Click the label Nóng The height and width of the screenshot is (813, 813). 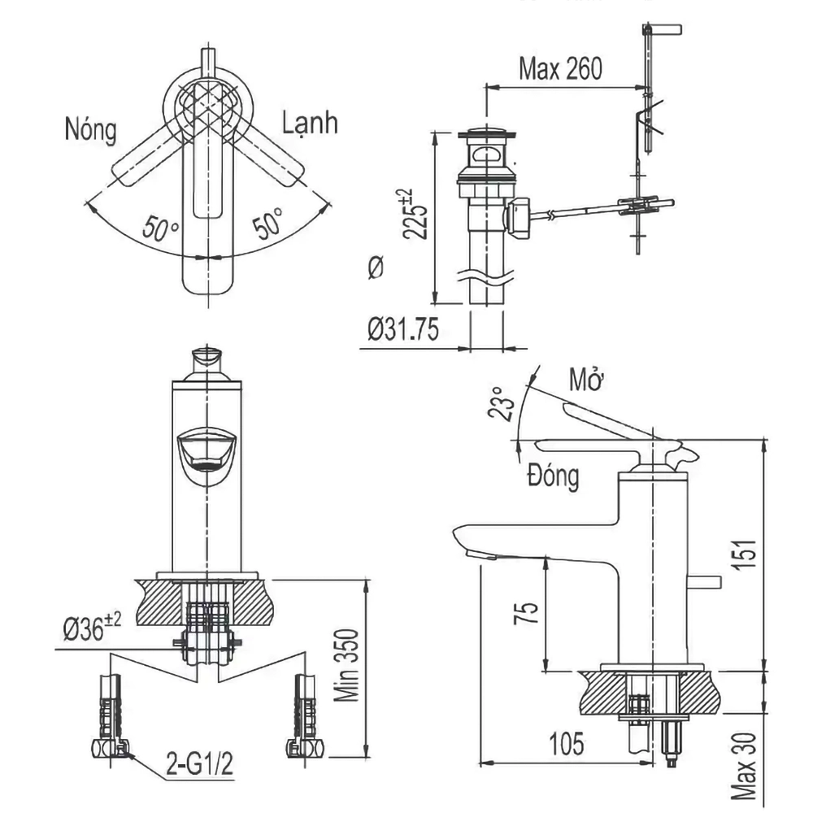pyautogui.click(x=91, y=129)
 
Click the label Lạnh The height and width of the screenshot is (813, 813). pyautogui.click(x=310, y=124)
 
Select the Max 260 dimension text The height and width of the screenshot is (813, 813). pyautogui.click(x=560, y=68)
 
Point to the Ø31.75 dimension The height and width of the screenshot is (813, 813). pyautogui.click(x=403, y=329)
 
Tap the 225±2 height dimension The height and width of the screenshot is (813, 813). pyautogui.click(x=415, y=214)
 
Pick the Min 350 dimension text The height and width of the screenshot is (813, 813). pyautogui.click(x=346, y=665)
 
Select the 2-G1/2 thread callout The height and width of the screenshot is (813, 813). pyautogui.click(x=200, y=763)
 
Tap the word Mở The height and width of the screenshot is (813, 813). pyautogui.click(x=586, y=380)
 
